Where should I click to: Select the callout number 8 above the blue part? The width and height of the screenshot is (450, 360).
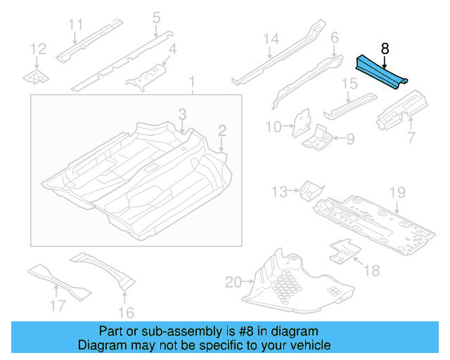(385, 49)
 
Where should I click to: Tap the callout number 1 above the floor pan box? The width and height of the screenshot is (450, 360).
(191, 85)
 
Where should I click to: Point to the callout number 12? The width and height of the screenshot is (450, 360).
(39, 49)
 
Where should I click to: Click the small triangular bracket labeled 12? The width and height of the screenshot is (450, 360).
(37, 76)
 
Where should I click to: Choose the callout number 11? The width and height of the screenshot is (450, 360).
(76, 26)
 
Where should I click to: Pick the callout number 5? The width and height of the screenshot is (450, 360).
(156, 17)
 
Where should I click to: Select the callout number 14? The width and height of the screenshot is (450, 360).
(271, 40)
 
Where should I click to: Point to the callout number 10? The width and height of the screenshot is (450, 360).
(273, 127)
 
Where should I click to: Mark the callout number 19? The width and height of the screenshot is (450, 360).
(398, 192)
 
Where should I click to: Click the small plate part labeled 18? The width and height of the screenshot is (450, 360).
(342, 250)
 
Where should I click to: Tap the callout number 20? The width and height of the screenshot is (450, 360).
(233, 283)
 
